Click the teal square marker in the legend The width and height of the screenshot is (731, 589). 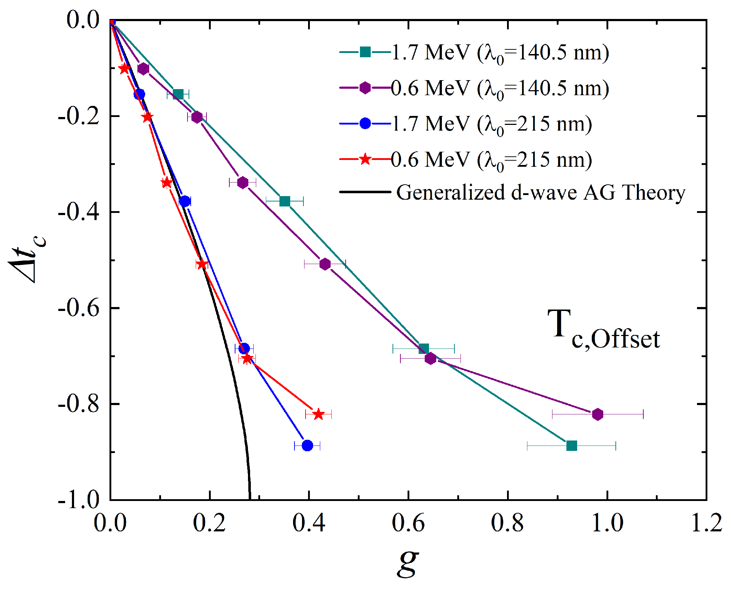pos(365,52)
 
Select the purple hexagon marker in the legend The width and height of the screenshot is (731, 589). pos(365,88)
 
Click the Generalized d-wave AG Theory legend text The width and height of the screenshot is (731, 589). pos(540,193)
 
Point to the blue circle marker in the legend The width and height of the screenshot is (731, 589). pos(365,123)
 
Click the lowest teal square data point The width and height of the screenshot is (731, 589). pos(571,446)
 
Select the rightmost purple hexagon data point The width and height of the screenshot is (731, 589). pos(597,414)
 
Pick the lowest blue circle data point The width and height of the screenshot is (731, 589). pos(307,446)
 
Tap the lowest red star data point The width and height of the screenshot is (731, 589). pos(318,414)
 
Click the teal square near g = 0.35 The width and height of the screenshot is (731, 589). pos(284,201)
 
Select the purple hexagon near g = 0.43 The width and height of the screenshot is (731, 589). pos(325,264)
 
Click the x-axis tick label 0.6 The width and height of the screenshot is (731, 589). pos(408,523)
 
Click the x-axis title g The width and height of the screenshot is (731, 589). pos(408,562)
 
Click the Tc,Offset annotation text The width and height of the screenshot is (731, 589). pos(603,329)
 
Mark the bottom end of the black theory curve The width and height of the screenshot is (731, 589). pos(249,498)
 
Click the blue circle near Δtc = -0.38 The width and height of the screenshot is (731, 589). pos(185,201)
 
